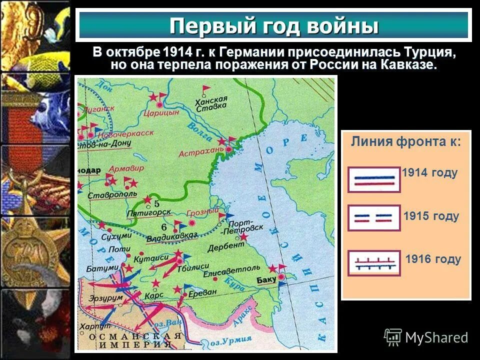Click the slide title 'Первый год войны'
click(x=273, y=25)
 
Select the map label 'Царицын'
click(x=160, y=113)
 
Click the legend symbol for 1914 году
click(x=374, y=179)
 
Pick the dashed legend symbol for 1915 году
click(x=374, y=218)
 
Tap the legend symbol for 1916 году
click(x=374, y=263)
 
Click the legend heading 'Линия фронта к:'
click(x=405, y=141)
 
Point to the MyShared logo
click(x=426, y=337)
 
